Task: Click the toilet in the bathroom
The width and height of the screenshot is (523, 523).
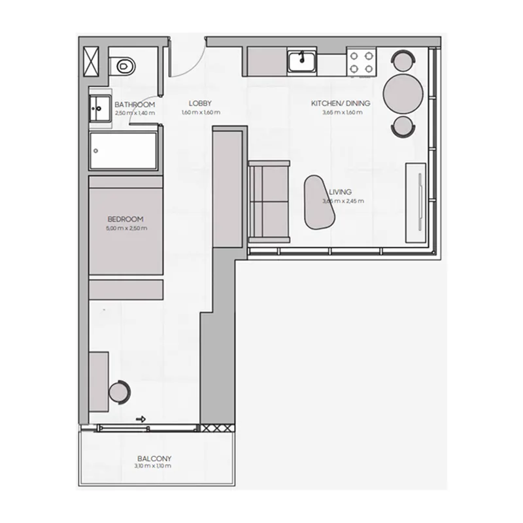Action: (x=122, y=65)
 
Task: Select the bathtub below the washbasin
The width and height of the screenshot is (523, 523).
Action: (x=124, y=151)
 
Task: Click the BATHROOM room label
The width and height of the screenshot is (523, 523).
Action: (x=135, y=105)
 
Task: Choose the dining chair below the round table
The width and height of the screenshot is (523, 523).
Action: (x=403, y=126)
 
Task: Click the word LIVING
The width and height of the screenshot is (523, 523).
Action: (x=341, y=192)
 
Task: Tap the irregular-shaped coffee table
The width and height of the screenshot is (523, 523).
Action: (x=321, y=203)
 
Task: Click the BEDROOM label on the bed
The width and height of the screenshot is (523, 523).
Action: (x=126, y=220)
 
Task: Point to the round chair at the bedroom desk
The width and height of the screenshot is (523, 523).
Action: (x=120, y=392)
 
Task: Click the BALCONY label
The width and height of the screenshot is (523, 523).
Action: (x=154, y=459)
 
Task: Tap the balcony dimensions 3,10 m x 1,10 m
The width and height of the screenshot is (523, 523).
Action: (x=154, y=467)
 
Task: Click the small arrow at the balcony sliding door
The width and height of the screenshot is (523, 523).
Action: (x=141, y=420)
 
